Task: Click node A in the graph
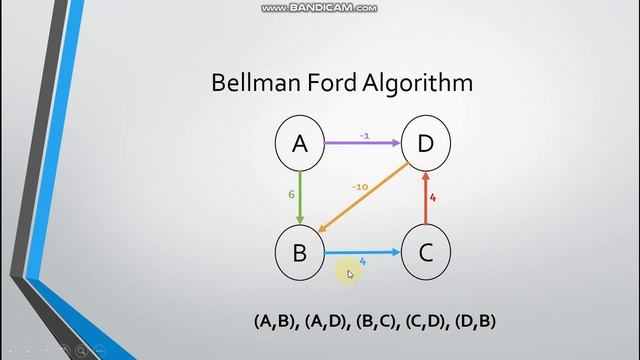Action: coord(300,145)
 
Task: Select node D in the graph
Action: coord(425,145)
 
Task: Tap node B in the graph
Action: coord(300,252)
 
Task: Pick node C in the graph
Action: coord(425,252)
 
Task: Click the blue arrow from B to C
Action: coord(362,252)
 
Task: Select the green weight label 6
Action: coord(289,196)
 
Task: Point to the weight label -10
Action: coord(360,186)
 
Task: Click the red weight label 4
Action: coord(433,198)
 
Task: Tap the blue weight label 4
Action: coord(362,262)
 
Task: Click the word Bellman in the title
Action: coord(251,82)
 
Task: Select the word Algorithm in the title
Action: coord(420,83)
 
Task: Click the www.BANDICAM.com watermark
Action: coord(320,8)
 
